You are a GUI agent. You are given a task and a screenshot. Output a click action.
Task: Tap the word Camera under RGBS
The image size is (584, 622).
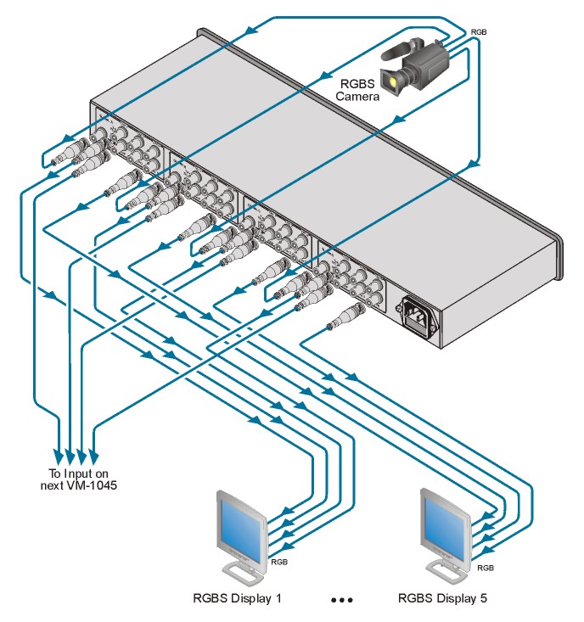pyautogui.click(x=357, y=97)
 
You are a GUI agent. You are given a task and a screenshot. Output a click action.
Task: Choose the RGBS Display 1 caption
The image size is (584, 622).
pyautogui.click(x=235, y=599)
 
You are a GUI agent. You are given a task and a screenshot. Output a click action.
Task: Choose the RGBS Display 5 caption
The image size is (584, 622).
pyautogui.click(x=442, y=599)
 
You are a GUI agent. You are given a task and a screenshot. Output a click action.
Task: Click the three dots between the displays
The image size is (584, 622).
pyautogui.click(x=341, y=600)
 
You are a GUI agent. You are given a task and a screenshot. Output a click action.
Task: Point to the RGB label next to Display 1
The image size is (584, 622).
pyautogui.click(x=279, y=562)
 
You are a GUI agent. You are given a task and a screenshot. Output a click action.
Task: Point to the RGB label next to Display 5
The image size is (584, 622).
pyautogui.click(x=486, y=567)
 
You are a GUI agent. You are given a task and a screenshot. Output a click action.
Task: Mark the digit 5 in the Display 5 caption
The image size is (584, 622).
pyautogui.click(x=484, y=599)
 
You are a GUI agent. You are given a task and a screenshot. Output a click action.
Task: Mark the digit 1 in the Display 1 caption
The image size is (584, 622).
pyautogui.click(x=278, y=599)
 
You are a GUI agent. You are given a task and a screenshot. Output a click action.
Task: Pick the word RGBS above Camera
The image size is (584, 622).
pyautogui.click(x=357, y=84)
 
